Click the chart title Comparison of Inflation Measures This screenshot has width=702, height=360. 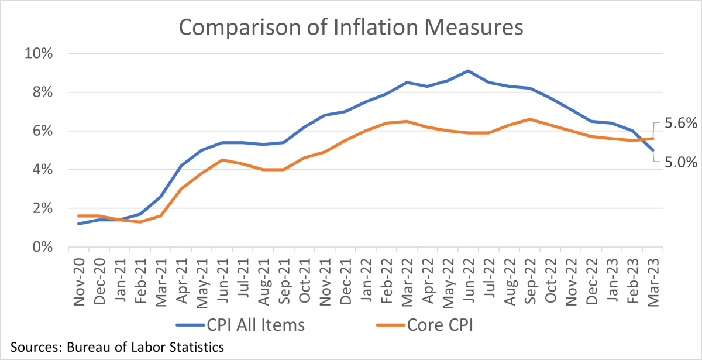tap(351, 28)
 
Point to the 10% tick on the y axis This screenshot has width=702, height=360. tap(39, 54)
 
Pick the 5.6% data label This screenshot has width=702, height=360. tap(681, 124)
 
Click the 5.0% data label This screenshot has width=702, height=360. tap(681, 162)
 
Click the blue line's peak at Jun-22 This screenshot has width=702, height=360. tap(467, 71)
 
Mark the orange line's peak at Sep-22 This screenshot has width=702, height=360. tap(529, 119)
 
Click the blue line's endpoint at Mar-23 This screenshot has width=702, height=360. tap(653, 150)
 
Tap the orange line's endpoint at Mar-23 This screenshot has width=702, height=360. tap(653, 139)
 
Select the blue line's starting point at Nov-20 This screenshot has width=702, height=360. tap(78, 224)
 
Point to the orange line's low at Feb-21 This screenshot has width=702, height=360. tap(140, 222)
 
